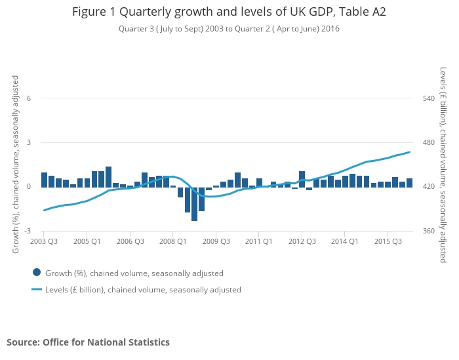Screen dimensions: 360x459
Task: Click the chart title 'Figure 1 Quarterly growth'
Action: pyautogui.click(x=229, y=12)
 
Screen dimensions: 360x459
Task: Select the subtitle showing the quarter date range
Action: pyautogui.click(x=229, y=29)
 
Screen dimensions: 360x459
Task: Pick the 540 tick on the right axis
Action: pyautogui.click(x=429, y=98)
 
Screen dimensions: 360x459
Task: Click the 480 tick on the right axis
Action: pyautogui.click(x=429, y=142)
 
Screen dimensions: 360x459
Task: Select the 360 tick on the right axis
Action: pyautogui.click(x=429, y=231)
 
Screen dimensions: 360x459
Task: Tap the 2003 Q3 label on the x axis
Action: pyautogui.click(x=44, y=241)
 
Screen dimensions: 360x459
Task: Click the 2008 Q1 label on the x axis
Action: pyautogui.click(x=172, y=241)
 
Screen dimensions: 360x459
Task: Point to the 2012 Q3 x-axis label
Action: pyautogui.click(x=302, y=241)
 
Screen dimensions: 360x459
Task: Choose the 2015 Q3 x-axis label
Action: pyautogui.click(x=388, y=241)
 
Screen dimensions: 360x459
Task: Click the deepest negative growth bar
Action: pyautogui.click(x=195, y=203)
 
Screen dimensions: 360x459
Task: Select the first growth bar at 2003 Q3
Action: pyautogui.click(x=44, y=180)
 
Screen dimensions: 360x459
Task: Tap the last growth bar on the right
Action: pyautogui.click(x=409, y=182)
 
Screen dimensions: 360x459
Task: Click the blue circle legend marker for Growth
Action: pyautogui.click(x=37, y=273)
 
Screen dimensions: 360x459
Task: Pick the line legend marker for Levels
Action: pyautogui.click(x=37, y=289)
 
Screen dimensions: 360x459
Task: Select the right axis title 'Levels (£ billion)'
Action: pyautogui.click(x=444, y=164)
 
